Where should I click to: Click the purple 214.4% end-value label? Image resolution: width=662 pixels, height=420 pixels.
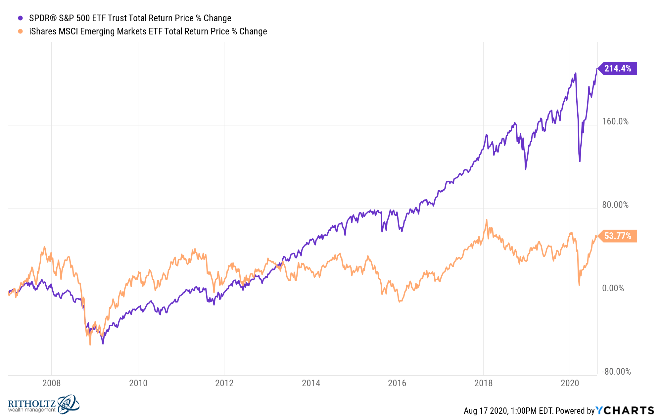click(x=618, y=69)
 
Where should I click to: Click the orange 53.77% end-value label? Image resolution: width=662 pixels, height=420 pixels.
click(x=618, y=236)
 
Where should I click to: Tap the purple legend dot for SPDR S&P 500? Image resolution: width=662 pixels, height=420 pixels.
click(x=21, y=18)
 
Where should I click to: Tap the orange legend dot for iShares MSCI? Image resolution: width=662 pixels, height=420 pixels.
click(x=21, y=31)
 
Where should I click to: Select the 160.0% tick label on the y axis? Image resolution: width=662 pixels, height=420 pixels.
click(x=615, y=121)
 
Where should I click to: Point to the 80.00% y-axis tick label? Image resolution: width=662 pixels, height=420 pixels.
click(x=615, y=205)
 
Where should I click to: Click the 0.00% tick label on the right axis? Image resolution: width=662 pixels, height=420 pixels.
click(x=613, y=288)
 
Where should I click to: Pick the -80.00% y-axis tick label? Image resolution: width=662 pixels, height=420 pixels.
click(x=616, y=372)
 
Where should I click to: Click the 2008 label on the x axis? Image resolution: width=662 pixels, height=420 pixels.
click(x=51, y=383)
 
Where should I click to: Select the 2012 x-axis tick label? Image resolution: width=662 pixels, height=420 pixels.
click(x=224, y=383)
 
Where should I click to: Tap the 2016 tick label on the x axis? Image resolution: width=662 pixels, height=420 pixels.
click(x=397, y=383)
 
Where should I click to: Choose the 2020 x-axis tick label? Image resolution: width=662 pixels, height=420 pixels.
click(x=570, y=383)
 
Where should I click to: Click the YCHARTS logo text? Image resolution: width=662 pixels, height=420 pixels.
click(x=625, y=411)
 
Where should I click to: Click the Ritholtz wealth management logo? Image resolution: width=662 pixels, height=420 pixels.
click(x=43, y=404)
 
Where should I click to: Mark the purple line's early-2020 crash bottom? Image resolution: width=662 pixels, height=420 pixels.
click(x=580, y=162)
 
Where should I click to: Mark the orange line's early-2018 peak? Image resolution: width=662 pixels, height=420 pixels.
click(x=486, y=220)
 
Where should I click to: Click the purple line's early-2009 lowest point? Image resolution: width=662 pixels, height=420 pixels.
click(x=103, y=344)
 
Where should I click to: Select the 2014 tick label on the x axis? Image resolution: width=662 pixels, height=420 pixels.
click(x=311, y=383)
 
